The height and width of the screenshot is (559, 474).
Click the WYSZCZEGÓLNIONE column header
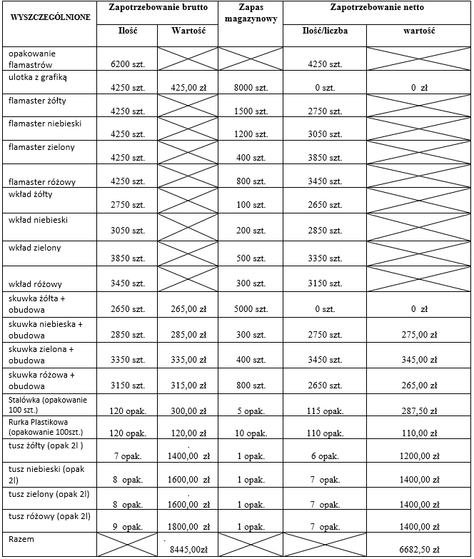click(x=49, y=16)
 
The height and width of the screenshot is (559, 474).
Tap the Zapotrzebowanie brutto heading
click(x=156, y=6)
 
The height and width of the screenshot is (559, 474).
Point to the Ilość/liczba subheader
click(x=325, y=31)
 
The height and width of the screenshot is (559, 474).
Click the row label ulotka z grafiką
click(x=39, y=75)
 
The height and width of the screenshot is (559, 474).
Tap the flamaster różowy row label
click(x=43, y=181)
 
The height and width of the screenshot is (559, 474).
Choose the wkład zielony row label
click(x=35, y=247)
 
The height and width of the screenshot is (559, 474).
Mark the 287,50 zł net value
click(x=420, y=412)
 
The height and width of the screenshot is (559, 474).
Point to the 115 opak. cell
click(x=325, y=412)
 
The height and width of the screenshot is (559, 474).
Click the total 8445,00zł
click(x=188, y=550)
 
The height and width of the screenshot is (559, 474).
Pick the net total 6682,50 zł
click(x=420, y=550)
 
